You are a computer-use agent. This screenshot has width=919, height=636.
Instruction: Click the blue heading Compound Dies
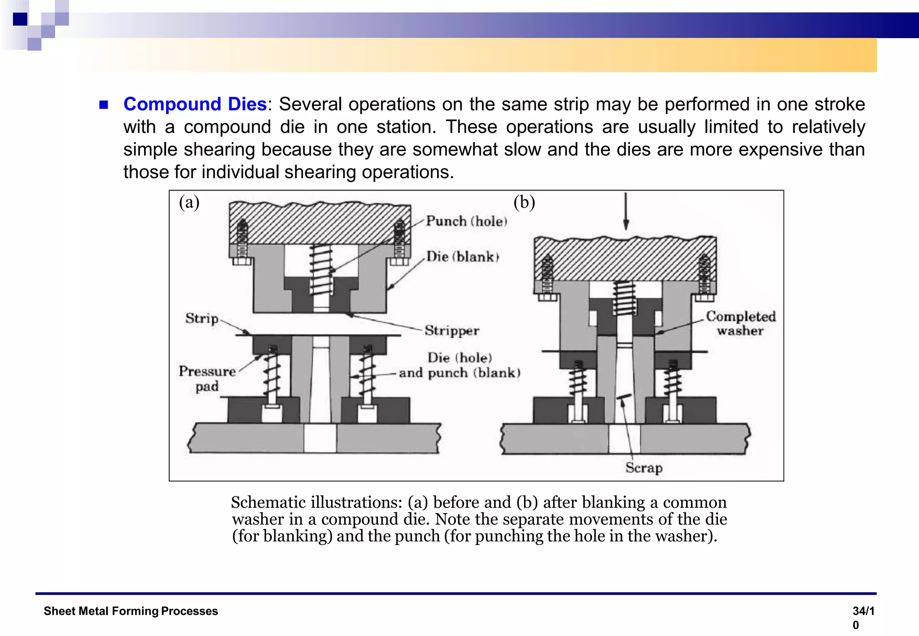195,104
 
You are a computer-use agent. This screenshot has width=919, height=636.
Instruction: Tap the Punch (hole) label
466,221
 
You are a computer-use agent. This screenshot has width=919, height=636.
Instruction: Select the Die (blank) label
462,257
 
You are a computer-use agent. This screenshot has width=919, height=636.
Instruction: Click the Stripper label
452,331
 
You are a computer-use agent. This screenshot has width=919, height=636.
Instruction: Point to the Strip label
202,318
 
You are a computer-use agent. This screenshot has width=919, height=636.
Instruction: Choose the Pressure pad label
207,379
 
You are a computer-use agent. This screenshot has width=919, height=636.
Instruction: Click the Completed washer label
740,323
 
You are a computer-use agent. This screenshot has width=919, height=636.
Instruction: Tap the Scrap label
644,468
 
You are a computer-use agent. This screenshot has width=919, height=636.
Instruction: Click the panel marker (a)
189,202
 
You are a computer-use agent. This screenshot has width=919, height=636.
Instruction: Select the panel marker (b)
524,202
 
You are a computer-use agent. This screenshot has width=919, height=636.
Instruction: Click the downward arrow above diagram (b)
626,211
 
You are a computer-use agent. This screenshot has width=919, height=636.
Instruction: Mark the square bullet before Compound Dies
104,105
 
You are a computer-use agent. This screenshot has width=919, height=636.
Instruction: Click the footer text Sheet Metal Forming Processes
131,611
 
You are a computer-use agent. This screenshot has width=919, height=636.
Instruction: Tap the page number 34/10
863,617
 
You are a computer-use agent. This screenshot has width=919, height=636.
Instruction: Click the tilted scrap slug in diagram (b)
624,397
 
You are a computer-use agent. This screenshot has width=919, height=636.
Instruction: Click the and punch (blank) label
459,373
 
